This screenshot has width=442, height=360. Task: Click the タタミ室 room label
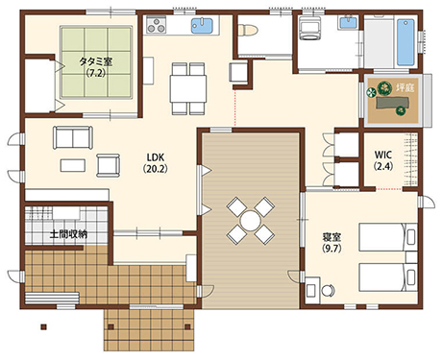point(97,60)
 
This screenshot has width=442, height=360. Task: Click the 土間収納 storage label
point(68,233)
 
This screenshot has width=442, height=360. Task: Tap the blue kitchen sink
point(202,26)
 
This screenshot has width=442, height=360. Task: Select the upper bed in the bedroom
point(383,236)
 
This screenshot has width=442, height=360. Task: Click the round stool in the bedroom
point(328,288)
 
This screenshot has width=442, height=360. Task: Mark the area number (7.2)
point(97,73)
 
